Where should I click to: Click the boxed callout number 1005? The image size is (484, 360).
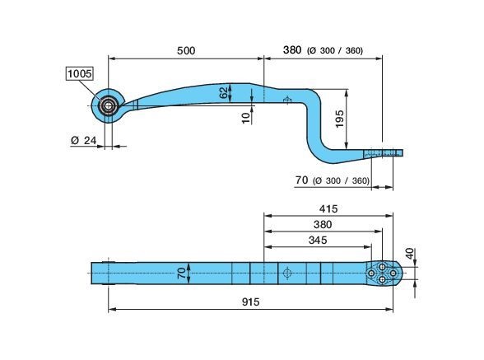tap(80, 73)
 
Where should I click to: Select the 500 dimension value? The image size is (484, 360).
tap(186, 51)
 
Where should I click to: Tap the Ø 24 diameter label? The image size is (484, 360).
tap(84, 140)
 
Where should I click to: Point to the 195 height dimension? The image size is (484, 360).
tap(339, 119)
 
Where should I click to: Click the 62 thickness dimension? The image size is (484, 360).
tap(224, 92)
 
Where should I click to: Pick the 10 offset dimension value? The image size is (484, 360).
tap(245, 118)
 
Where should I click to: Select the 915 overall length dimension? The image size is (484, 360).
tap(250, 302)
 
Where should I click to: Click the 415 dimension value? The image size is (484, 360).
tap(328, 209)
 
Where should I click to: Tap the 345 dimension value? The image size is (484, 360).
tap(318, 240)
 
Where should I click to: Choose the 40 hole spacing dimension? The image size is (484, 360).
tap(409, 254)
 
